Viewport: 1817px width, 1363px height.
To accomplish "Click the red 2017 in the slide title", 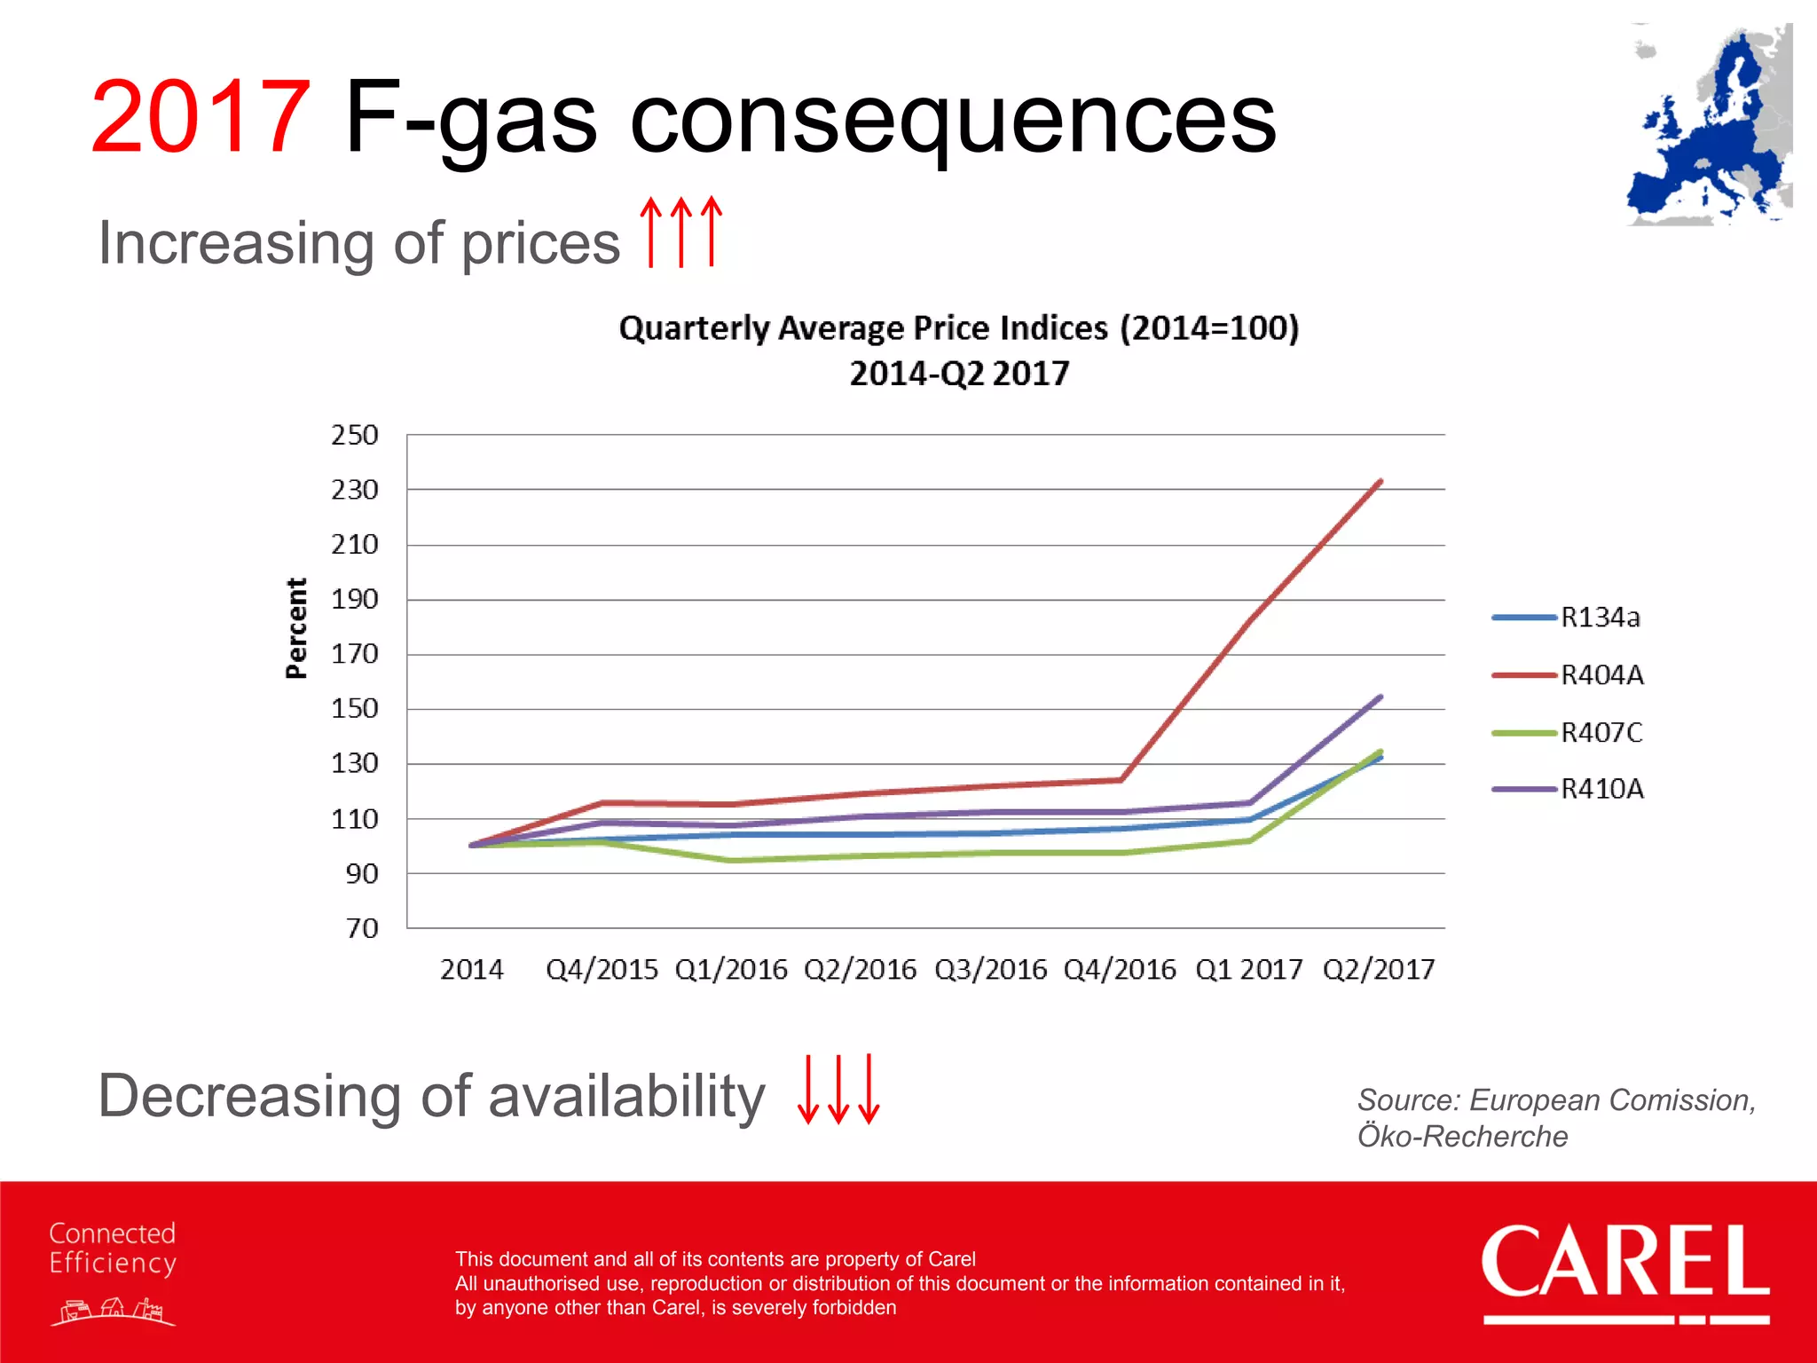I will coord(201,118).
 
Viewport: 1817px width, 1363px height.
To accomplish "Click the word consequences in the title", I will coord(952,120).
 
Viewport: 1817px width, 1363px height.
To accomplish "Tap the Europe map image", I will coord(1709,126).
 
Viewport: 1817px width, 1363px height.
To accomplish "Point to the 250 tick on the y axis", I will coord(355,436).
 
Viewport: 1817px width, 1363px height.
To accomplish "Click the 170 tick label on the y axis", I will coord(355,655).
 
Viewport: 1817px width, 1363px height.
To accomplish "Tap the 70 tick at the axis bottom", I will coord(362,929).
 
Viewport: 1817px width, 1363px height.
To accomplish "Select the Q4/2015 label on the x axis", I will coord(602,970).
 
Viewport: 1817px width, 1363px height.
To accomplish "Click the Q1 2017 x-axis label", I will coord(1249,970).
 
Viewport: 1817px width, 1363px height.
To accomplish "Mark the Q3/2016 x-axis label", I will coord(990,970).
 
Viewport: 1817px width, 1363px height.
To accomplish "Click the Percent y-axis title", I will coord(296,628).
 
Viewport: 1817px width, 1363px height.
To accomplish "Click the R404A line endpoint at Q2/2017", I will coord(1380,482).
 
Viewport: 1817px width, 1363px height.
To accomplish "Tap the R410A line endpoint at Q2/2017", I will coord(1380,697).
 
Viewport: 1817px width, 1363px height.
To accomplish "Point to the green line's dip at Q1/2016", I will coord(730,860).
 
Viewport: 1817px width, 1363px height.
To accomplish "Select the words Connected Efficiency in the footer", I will coord(113,1248).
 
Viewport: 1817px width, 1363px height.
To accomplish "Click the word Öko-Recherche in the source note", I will coord(1462,1137).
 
